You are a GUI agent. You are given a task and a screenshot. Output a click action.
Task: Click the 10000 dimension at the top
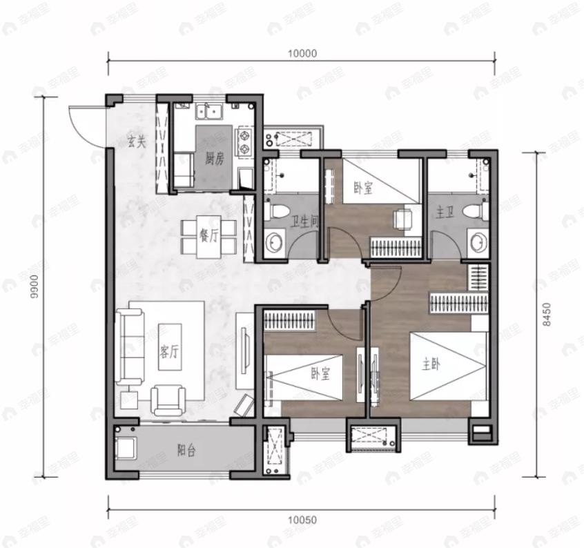pos(302,53)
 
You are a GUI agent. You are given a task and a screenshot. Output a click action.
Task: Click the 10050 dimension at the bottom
pos(302,520)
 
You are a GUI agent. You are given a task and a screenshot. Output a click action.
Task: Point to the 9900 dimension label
pos(35,286)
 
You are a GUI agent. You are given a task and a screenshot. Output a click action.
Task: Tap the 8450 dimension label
pos(547,315)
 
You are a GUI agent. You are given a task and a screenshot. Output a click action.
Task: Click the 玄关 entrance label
pos(137,141)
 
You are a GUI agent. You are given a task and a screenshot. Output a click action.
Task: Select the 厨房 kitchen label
pos(215,159)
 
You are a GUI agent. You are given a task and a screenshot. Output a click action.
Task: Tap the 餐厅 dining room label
pos(210,235)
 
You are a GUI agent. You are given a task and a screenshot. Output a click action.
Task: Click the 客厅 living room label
pos(169,351)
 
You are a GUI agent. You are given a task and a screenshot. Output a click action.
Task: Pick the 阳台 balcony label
pos(186,451)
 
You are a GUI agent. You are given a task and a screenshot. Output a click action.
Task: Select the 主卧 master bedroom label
pos(431,364)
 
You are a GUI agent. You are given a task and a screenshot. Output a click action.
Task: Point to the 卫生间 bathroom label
pos(304,222)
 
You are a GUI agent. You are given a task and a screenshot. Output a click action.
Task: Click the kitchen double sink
pos(208,112)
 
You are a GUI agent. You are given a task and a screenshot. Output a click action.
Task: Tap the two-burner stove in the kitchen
pos(244,142)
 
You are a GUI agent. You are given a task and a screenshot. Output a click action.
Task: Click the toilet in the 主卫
pos(476,211)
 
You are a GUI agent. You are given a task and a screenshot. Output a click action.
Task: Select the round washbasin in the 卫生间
pos(275,243)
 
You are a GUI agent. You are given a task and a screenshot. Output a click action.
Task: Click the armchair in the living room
pos(168,400)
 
